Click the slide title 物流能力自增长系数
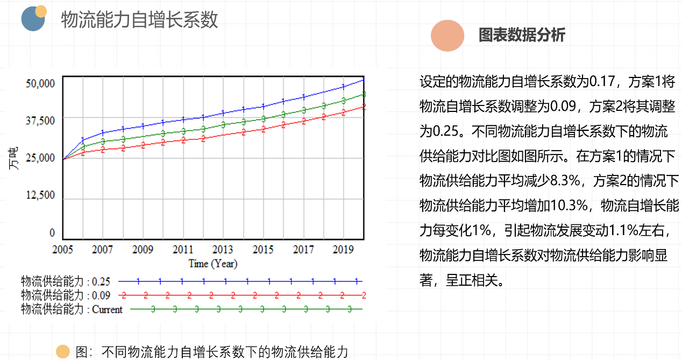pyautogui.click(x=139, y=20)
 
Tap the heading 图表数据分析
pyautogui.click(x=522, y=35)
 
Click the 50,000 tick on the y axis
pyautogui.click(x=41, y=83)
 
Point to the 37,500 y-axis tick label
pyautogui.click(x=41, y=121)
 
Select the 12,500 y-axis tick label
pyautogui.click(x=41, y=195)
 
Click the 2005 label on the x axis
pyautogui.click(x=63, y=250)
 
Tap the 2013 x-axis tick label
pyautogui.click(x=223, y=250)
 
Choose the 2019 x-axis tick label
pyautogui.click(x=343, y=250)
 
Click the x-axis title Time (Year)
pyautogui.click(x=213, y=264)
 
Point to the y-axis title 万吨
pyautogui.click(x=15, y=160)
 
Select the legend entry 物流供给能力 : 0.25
pyautogui.click(x=65, y=281)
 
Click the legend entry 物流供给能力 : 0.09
pyautogui.click(x=65, y=295)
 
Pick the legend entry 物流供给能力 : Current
pyautogui.click(x=72, y=309)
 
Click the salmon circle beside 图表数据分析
pyautogui.click(x=447, y=36)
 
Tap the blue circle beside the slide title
pyautogui.click(x=32, y=19)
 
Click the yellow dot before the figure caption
pyautogui.click(x=63, y=352)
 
